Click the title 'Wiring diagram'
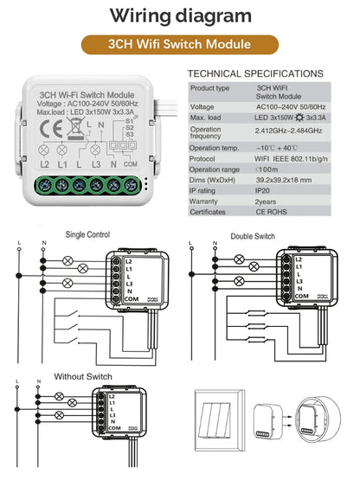tap(181, 16)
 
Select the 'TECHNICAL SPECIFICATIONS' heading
tap(255, 74)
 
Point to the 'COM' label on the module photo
tap(131, 163)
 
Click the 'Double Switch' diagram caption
tap(252, 235)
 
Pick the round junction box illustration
tap(313, 425)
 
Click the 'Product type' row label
tap(209, 88)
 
